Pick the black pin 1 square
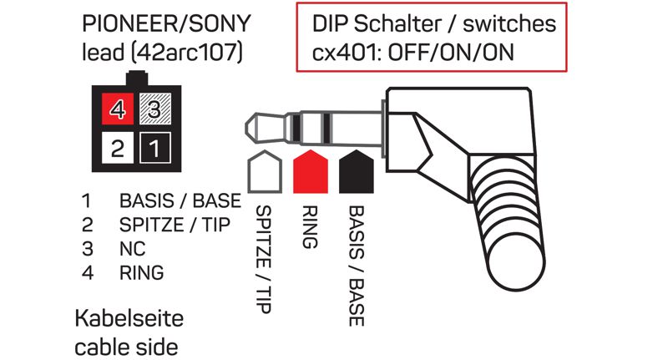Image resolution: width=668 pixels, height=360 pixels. (x=154, y=149)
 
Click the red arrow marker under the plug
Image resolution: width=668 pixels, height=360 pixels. (x=309, y=170)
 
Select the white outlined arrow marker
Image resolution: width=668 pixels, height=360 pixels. (x=262, y=170)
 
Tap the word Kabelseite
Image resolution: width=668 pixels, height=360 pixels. (x=129, y=319)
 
